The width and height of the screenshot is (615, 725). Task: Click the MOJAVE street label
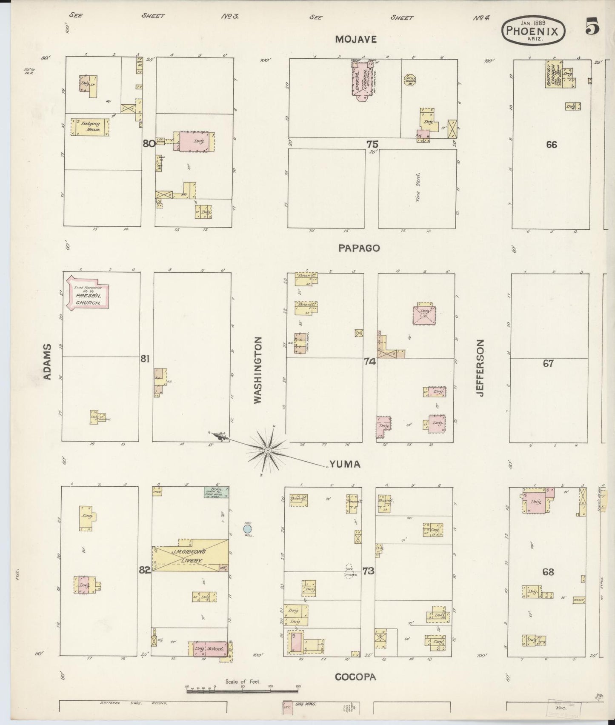coord(356,40)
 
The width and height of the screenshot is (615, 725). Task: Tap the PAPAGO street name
coord(359,248)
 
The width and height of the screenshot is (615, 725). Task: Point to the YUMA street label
coord(344,464)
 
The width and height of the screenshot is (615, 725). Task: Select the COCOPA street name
coord(355,677)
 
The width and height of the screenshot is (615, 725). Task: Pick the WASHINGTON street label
coord(258,370)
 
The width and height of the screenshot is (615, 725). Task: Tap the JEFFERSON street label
coord(481,368)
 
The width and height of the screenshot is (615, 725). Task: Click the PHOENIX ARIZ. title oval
coord(535,31)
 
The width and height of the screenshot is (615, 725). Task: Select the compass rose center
coord(268,450)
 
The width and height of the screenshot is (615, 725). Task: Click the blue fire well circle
coord(246,529)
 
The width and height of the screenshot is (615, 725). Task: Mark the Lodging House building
coord(89,127)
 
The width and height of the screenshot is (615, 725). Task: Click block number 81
coord(145,360)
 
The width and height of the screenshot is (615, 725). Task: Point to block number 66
coord(551,145)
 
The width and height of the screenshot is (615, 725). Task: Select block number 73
coord(368,571)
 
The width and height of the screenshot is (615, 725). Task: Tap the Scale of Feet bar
coord(243,691)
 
